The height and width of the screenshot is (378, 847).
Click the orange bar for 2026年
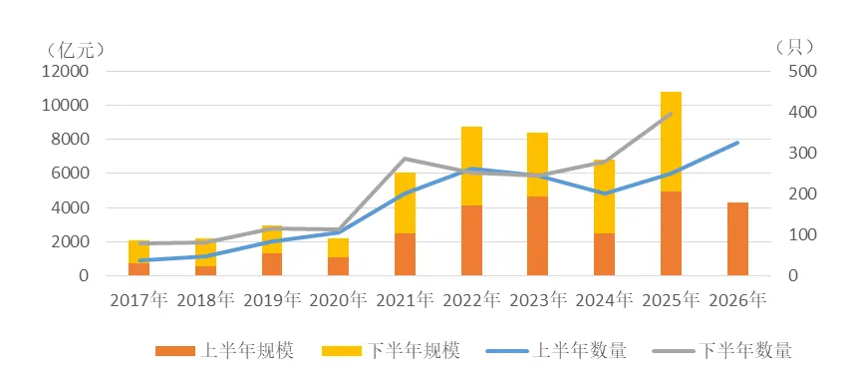click(x=737, y=239)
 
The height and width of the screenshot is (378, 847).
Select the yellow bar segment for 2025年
click(x=671, y=142)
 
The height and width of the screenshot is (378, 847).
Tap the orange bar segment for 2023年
click(x=537, y=235)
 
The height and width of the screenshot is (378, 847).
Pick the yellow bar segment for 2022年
click(x=471, y=166)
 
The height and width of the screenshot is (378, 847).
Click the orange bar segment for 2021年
click(x=405, y=254)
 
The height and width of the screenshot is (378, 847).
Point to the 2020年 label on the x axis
click(x=338, y=299)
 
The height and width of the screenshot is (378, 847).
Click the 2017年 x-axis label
click(x=139, y=299)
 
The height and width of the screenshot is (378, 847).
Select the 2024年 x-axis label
click(x=605, y=299)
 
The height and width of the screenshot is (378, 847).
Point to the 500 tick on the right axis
click(x=803, y=72)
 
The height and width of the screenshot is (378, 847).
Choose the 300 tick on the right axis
click(x=803, y=153)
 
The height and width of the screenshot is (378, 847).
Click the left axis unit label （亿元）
click(x=75, y=50)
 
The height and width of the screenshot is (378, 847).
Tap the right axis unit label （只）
click(x=794, y=48)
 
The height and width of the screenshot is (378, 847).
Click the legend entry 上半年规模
click(x=224, y=350)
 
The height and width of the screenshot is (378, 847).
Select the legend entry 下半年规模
click(x=391, y=350)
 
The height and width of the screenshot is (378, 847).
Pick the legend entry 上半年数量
click(x=557, y=350)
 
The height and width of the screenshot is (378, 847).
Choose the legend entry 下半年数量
click(x=722, y=350)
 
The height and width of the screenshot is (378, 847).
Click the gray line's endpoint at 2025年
click(x=671, y=114)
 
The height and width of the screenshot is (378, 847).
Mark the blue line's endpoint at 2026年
click(x=737, y=143)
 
